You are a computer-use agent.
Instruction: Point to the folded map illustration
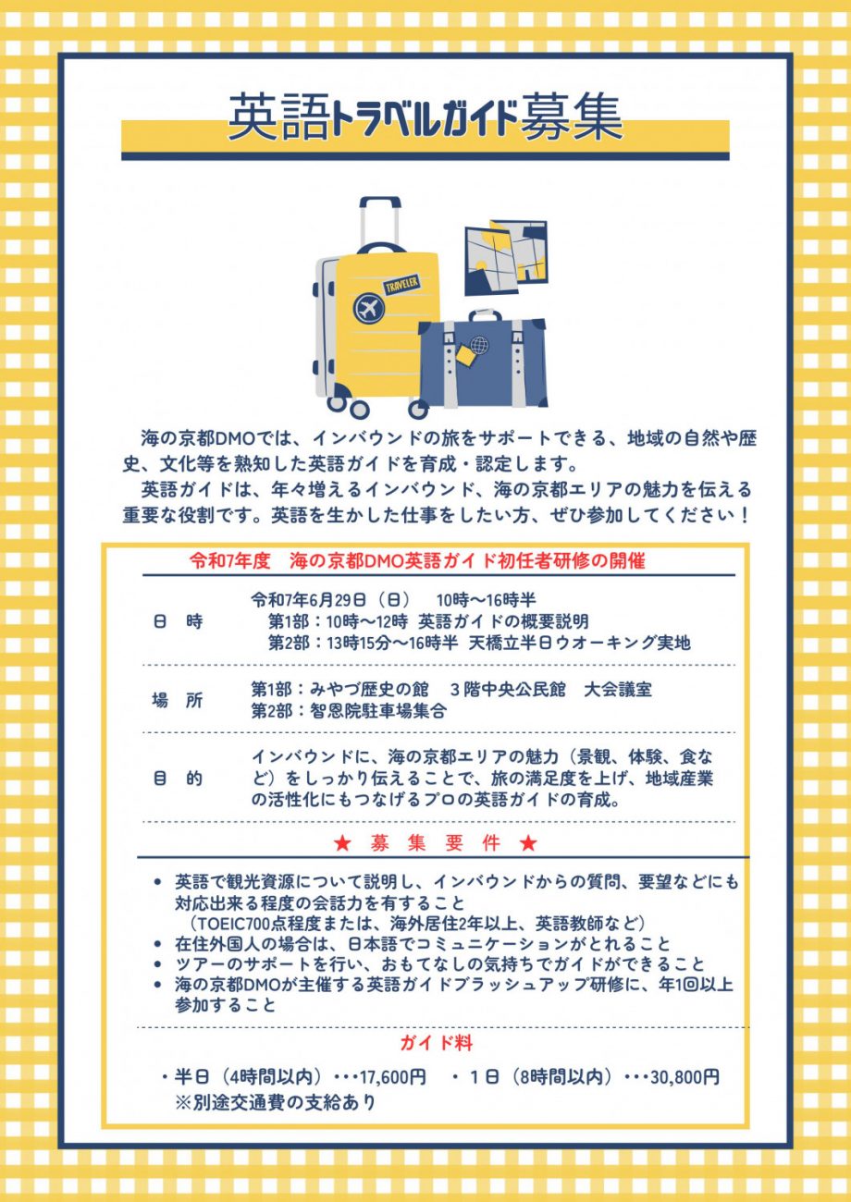point(505,257)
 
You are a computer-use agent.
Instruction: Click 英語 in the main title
point(277,117)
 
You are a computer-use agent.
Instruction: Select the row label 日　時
point(178,622)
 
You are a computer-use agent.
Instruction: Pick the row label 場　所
point(178,701)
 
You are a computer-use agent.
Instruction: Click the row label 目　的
point(178,779)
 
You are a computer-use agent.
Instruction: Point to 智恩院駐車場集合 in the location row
point(378,712)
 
